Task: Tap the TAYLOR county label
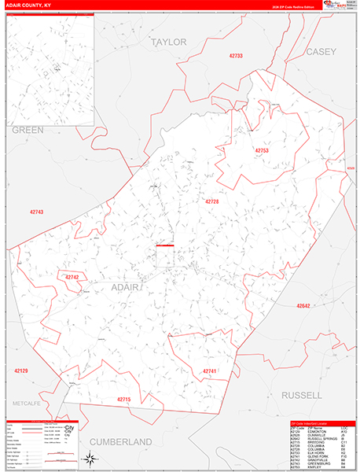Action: pos(169,42)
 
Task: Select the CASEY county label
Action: pos(321,52)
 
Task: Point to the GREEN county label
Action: pos(28,130)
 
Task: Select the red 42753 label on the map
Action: pos(262,150)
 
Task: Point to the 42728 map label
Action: pos(212,202)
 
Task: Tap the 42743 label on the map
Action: pos(36,212)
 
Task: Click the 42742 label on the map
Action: pos(72,277)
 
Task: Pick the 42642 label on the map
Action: pos(304,306)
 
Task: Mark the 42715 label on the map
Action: pos(124,400)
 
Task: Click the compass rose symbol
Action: pos(91,459)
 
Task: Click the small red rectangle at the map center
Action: pos(165,246)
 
